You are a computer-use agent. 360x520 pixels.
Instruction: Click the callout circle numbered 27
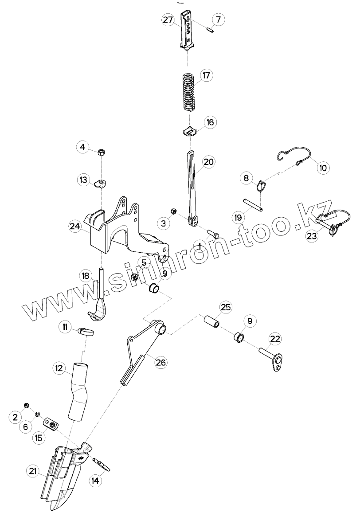pyautogui.click(x=167, y=20)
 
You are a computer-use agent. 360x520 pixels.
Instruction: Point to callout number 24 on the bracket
pyautogui.click(x=74, y=226)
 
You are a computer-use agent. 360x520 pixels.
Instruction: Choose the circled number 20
pyautogui.click(x=208, y=162)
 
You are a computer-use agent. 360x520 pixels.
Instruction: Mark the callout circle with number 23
pyautogui.click(x=312, y=236)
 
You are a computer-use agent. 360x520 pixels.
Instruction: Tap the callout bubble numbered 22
pyautogui.click(x=275, y=339)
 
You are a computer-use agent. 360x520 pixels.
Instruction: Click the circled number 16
pyautogui.click(x=209, y=122)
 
